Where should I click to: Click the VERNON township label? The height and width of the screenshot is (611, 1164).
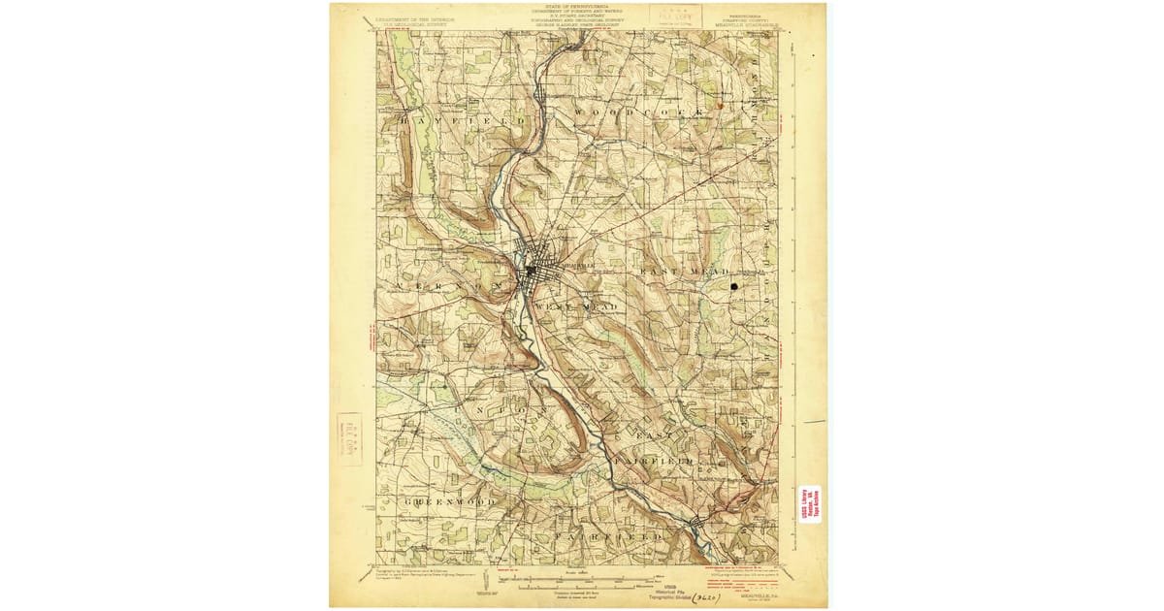coord(447,288)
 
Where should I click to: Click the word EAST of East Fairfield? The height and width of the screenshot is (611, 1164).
coord(648,435)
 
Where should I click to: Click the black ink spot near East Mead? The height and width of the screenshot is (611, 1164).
coord(734,287)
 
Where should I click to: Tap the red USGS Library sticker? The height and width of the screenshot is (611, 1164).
coord(810,504)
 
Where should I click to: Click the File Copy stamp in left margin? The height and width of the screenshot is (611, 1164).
coord(348,438)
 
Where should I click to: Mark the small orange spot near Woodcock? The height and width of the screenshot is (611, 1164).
coord(720,102)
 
